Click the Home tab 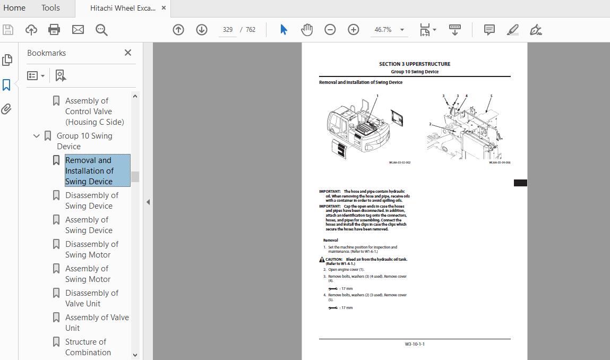click(x=14, y=8)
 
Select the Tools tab click(x=50, y=8)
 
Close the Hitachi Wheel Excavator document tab click(x=164, y=8)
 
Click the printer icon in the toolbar click(x=54, y=30)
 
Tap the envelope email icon click(x=78, y=30)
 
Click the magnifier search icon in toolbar click(x=101, y=30)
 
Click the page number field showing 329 click(x=228, y=30)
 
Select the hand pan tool click(x=307, y=30)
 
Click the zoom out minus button click(x=330, y=30)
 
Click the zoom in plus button click(x=354, y=30)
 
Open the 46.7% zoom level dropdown click(x=402, y=30)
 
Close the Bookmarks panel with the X click(x=128, y=53)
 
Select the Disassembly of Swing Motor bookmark click(x=91, y=249)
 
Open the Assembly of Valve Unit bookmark click(x=97, y=322)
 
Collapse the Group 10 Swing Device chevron click(x=37, y=136)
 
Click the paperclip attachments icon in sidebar click(x=7, y=109)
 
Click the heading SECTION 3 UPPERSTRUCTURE click(x=414, y=64)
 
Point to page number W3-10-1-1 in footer click(x=415, y=344)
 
